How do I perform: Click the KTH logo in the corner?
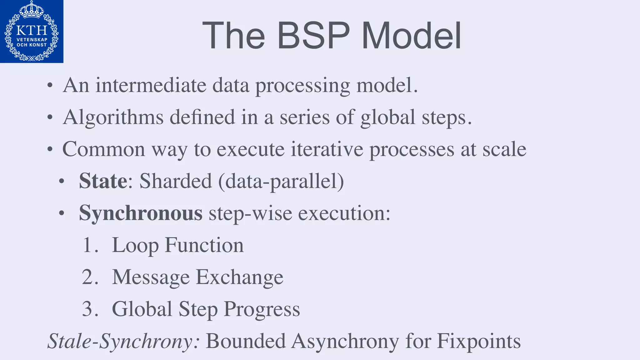[x=32, y=31]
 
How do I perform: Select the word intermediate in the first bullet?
[x=151, y=85]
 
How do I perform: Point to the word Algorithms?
[x=113, y=117]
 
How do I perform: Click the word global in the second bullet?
[x=388, y=117]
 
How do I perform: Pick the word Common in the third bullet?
[x=103, y=149]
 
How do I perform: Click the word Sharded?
[x=176, y=181]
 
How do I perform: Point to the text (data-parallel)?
[x=281, y=182]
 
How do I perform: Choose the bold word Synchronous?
[x=141, y=213]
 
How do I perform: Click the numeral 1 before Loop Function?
[x=87, y=245]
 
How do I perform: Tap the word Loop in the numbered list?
[x=135, y=246]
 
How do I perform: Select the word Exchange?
[x=239, y=277]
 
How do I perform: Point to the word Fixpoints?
[x=479, y=341]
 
